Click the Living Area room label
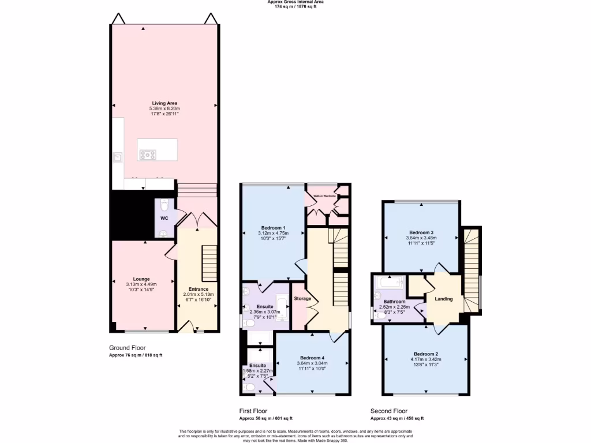(x=164, y=103)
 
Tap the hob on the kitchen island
(x=148, y=154)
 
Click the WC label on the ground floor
(x=164, y=219)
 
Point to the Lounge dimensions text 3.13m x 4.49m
(x=141, y=284)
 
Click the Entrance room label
(x=198, y=289)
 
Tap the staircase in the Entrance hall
(x=209, y=262)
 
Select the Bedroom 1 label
(x=273, y=227)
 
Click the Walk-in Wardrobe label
(x=324, y=196)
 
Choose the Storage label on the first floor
(x=302, y=298)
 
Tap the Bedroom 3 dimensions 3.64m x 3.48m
(x=420, y=238)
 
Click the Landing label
(x=443, y=299)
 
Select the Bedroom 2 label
(x=426, y=354)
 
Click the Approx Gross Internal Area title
(x=295, y=2)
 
